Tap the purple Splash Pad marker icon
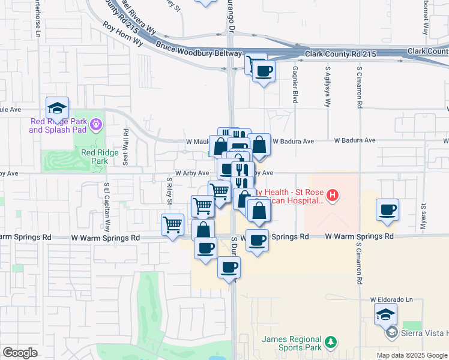97,125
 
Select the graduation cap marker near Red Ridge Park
57,108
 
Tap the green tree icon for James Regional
330,343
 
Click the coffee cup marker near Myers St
388,210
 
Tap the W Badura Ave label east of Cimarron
355,140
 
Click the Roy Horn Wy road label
122,34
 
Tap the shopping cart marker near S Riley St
173,225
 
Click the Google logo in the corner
20,353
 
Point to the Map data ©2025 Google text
411,355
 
